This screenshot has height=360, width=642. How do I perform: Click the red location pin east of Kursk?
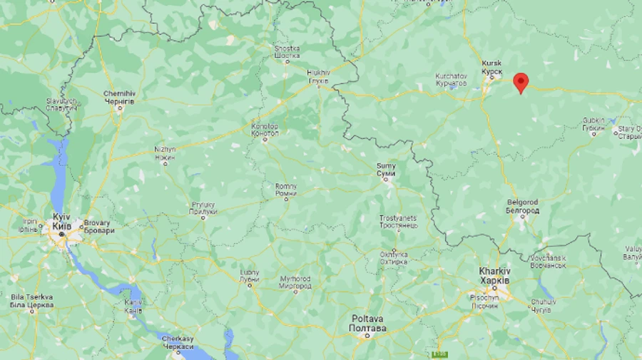(x=521, y=82)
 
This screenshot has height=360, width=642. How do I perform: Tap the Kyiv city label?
(x=61, y=221)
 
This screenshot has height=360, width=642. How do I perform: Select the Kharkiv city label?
(x=494, y=275)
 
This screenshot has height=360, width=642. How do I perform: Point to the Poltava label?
(x=367, y=323)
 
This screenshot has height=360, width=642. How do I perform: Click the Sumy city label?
(x=386, y=170)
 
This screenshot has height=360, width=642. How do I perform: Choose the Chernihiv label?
(x=119, y=98)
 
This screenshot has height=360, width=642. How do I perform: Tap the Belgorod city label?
(x=522, y=207)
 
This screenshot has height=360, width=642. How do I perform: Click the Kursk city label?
(x=492, y=67)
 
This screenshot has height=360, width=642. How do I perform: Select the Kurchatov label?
(x=451, y=80)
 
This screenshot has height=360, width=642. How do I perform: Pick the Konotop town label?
(x=265, y=130)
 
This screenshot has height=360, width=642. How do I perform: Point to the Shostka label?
(x=287, y=52)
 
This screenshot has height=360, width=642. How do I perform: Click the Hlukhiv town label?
(x=319, y=76)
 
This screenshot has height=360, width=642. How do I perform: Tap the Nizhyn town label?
(x=165, y=153)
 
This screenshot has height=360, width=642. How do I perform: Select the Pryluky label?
(x=203, y=208)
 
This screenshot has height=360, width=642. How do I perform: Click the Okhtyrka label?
(x=394, y=257)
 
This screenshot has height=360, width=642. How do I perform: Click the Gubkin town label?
(x=593, y=124)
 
